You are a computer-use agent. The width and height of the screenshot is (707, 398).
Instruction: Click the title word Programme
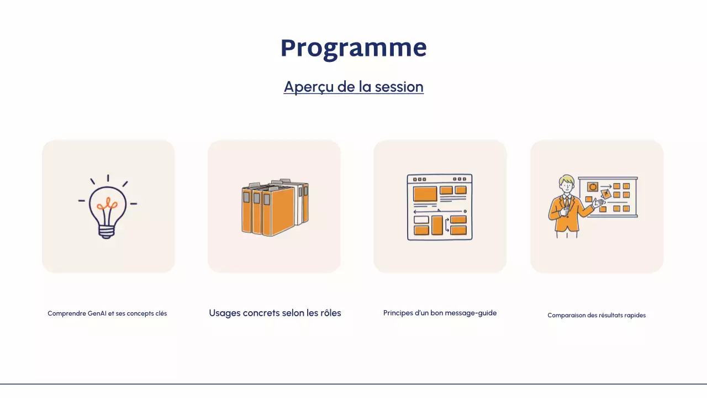click(x=353, y=48)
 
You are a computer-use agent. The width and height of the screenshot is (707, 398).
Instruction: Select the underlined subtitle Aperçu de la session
click(x=353, y=87)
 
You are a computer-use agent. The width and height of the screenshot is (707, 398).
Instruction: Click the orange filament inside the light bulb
click(x=108, y=205)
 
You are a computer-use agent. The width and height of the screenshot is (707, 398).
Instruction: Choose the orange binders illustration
click(x=275, y=208)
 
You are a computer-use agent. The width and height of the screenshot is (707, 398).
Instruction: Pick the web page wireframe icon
click(x=440, y=207)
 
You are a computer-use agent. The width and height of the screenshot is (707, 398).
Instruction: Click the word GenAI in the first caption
click(x=97, y=313)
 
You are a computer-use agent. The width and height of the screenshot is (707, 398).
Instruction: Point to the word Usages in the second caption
click(x=224, y=313)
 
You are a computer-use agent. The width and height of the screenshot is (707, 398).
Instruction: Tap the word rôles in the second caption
click(x=330, y=313)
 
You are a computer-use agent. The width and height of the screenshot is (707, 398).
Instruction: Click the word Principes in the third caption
click(x=398, y=313)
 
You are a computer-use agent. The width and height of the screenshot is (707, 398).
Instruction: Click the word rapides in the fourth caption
click(x=634, y=315)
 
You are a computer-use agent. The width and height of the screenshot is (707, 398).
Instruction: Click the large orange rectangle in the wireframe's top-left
click(x=425, y=193)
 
